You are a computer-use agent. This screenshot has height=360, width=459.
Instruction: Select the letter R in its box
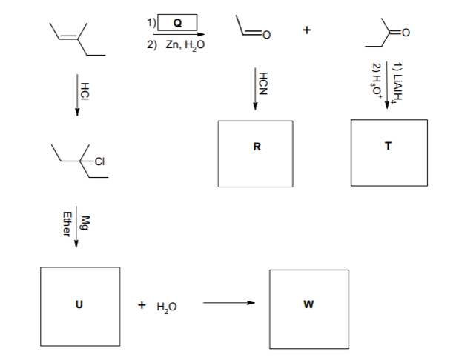(257, 146)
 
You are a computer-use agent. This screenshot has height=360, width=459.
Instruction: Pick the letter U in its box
(79, 304)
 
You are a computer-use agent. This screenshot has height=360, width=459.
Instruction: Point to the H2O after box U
(165, 305)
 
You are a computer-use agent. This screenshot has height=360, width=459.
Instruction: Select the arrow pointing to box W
(228, 302)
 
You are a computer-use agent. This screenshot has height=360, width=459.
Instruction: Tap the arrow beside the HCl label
(76, 93)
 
